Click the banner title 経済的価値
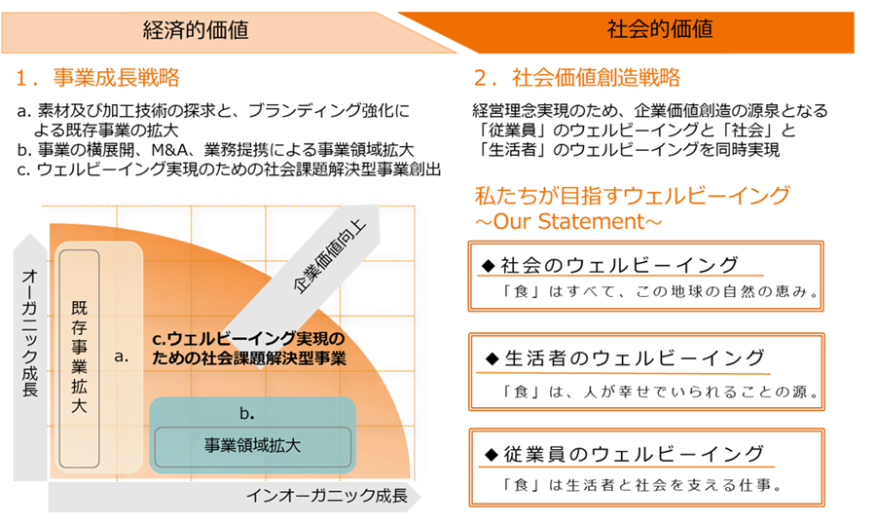coord(196,30)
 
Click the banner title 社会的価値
coord(660,28)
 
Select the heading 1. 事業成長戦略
coord(97,78)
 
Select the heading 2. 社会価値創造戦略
coord(577,78)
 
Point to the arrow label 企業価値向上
coord(329,256)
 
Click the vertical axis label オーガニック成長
coord(29,333)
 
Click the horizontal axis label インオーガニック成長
coord(327,496)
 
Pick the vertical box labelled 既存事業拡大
coord(80,358)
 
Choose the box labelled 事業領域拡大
coord(252,447)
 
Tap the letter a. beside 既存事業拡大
coord(122,356)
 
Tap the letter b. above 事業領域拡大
coord(247,414)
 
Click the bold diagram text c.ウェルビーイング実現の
coord(248,339)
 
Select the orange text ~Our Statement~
coord(568,221)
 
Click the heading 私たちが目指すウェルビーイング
coord(632,196)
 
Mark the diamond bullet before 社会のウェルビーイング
coord(488,266)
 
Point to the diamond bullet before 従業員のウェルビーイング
coord(492,455)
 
